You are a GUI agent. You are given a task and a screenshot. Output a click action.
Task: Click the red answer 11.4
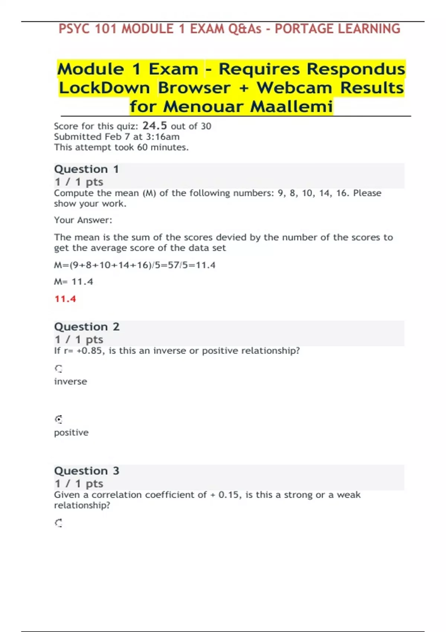click(65, 299)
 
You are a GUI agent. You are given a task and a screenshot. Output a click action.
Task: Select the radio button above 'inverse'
click(59, 369)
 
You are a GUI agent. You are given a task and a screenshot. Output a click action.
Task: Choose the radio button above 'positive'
click(59, 420)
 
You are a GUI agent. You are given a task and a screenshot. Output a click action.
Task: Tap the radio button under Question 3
click(59, 523)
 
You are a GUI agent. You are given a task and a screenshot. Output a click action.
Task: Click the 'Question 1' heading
click(86, 169)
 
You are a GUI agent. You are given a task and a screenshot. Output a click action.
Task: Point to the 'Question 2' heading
click(87, 327)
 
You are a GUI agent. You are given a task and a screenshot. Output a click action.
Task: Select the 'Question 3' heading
click(87, 471)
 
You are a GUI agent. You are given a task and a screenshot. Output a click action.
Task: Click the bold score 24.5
click(155, 126)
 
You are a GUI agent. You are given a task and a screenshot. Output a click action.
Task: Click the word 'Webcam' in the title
click(294, 88)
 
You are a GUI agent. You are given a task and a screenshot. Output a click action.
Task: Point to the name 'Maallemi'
click(291, 107)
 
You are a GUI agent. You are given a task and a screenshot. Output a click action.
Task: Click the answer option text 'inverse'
click(71, 381)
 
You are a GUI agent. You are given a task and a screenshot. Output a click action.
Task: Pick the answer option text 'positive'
click(71, 432)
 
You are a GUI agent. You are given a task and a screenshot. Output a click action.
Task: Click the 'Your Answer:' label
click(83, 220)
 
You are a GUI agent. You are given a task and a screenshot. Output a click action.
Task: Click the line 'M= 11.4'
click(74, 282)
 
